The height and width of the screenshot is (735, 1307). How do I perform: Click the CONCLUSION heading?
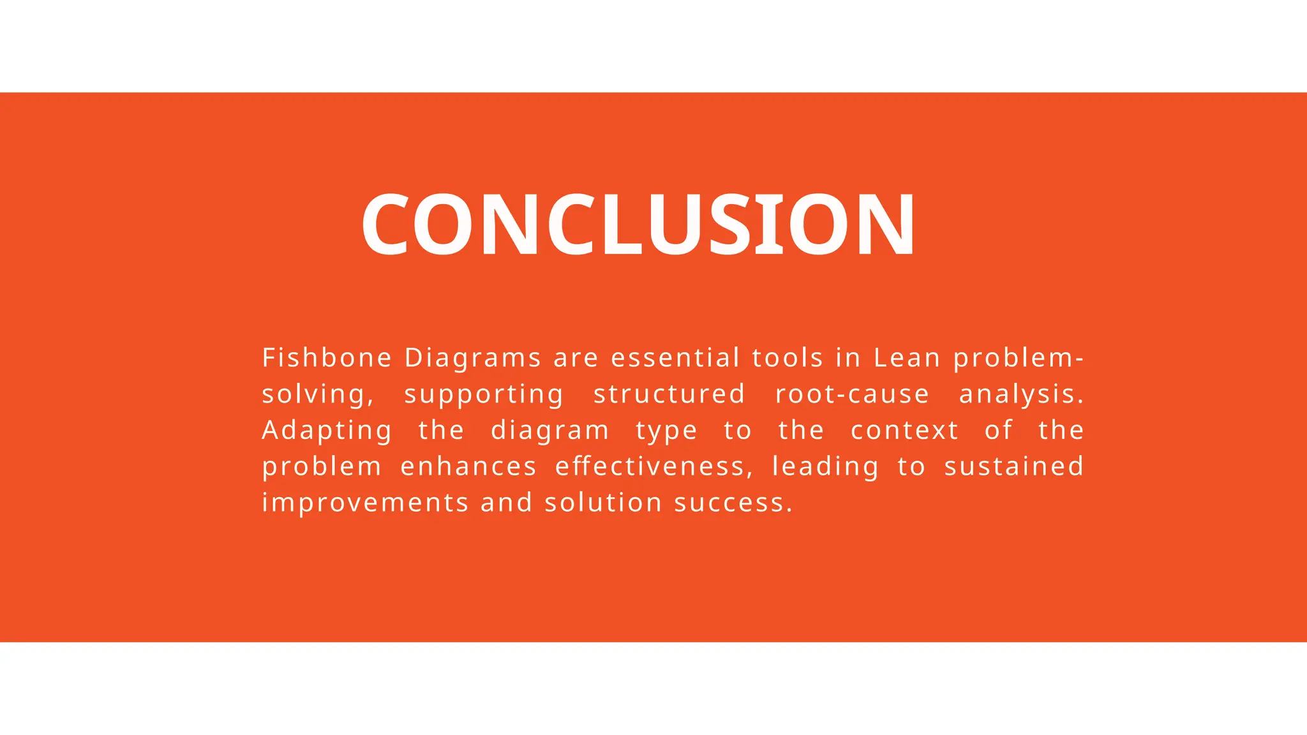pyautogui.click(x=639, y=225)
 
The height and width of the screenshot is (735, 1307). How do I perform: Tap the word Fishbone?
pyautogui.click(x=327, y=358)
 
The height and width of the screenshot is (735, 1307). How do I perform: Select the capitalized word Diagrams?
pyautogui.click(x=473, y=358)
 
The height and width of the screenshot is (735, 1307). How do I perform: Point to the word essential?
pyautogui.click(x=675, y=358)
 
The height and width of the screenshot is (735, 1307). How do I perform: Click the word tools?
pyautogui.click(x=788, y=358)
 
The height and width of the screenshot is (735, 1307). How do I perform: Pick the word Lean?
pyautogui.click(x=907, y=358)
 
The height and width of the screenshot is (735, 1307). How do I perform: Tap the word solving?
pyautogui.click(x=317, y=394)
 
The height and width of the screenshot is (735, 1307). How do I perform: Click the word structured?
pyautogui.click(x=669, y=394)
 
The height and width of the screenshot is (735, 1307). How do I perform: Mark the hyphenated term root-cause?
pyautogui.click(x=852, y=394)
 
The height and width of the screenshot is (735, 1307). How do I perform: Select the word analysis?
pyautogui.click(x=1020, y=394)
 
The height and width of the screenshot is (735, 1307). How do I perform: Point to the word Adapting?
pyautogui.click(x=327, y=431)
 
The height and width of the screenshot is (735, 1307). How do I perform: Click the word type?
pyautogui.click(x=666, y=431)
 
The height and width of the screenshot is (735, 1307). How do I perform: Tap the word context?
pyautogui.click(x=904, y=431)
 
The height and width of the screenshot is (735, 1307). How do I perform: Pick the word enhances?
pyautogui.click(x=468, y=466)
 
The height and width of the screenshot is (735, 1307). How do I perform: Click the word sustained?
pyautogui.click(x=1013, y=466)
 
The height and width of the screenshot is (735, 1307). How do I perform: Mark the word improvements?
pyautogui.click(x=366, y=503)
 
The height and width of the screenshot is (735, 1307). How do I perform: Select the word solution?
pyautogui.click(x=603, y=503)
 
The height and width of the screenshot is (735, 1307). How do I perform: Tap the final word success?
pyautogui.click(x=733, y=503)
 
